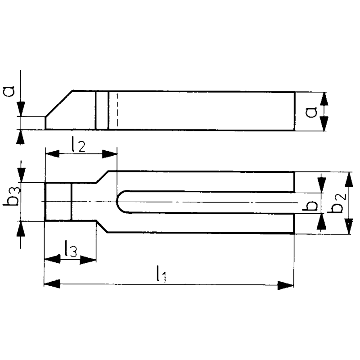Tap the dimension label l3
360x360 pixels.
(x=70, y=248)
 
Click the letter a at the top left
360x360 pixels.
(x=13, y=92)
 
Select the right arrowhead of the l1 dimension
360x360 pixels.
(x=287, y=285)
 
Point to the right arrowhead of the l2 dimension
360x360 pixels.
(x=110, y=154)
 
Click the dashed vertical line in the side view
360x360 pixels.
(x=117, y=111)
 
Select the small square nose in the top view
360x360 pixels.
(x=58, y=202)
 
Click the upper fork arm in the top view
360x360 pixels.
(x=202, y=181)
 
